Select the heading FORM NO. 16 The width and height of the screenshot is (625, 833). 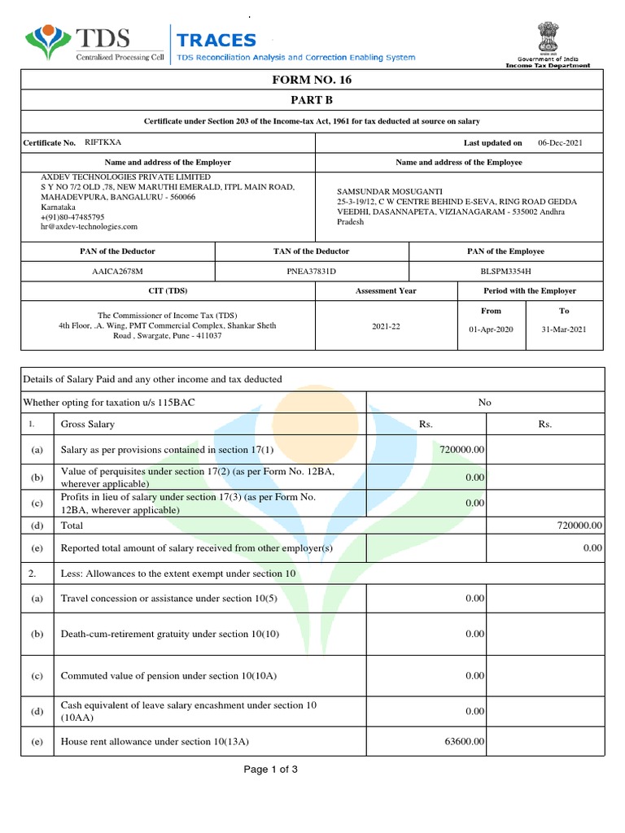tap(312, 80)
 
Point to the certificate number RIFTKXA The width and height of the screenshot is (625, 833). tap(103, 142)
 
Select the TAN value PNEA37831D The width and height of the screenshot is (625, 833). tap(311, 271)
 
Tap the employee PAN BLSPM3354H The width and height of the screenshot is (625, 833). tap(506, 271)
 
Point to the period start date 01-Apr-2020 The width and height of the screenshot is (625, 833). tap(492, 329)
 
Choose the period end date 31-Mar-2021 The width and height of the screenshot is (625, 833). tap(563, 329)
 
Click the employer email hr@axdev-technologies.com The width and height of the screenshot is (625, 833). tap(90, 227)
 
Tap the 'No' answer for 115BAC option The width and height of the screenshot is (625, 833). tap(485, 403)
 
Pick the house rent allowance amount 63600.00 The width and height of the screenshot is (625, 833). tap(465, 741)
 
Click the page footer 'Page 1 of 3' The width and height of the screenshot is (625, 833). tap(271, 769)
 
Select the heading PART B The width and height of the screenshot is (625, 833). tap(312, 100)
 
